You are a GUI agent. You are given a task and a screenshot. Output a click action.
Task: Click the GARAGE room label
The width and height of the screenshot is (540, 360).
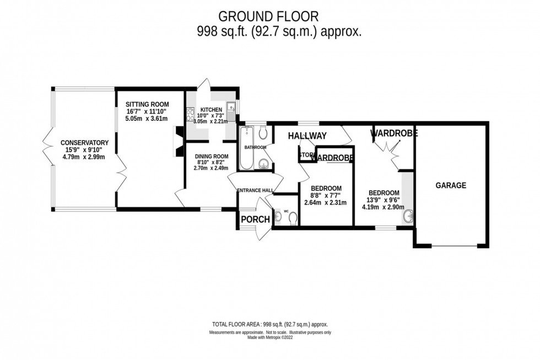tap(451, 186)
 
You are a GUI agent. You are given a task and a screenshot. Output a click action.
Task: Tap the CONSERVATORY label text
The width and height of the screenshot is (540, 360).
tap(84, 143)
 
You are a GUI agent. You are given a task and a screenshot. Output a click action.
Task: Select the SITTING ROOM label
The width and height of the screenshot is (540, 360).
tap(147, 104)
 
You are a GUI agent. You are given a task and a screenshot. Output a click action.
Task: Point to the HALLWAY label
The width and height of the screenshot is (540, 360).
tap(307, 136)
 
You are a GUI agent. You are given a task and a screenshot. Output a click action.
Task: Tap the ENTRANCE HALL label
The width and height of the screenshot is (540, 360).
tap(255, 190)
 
